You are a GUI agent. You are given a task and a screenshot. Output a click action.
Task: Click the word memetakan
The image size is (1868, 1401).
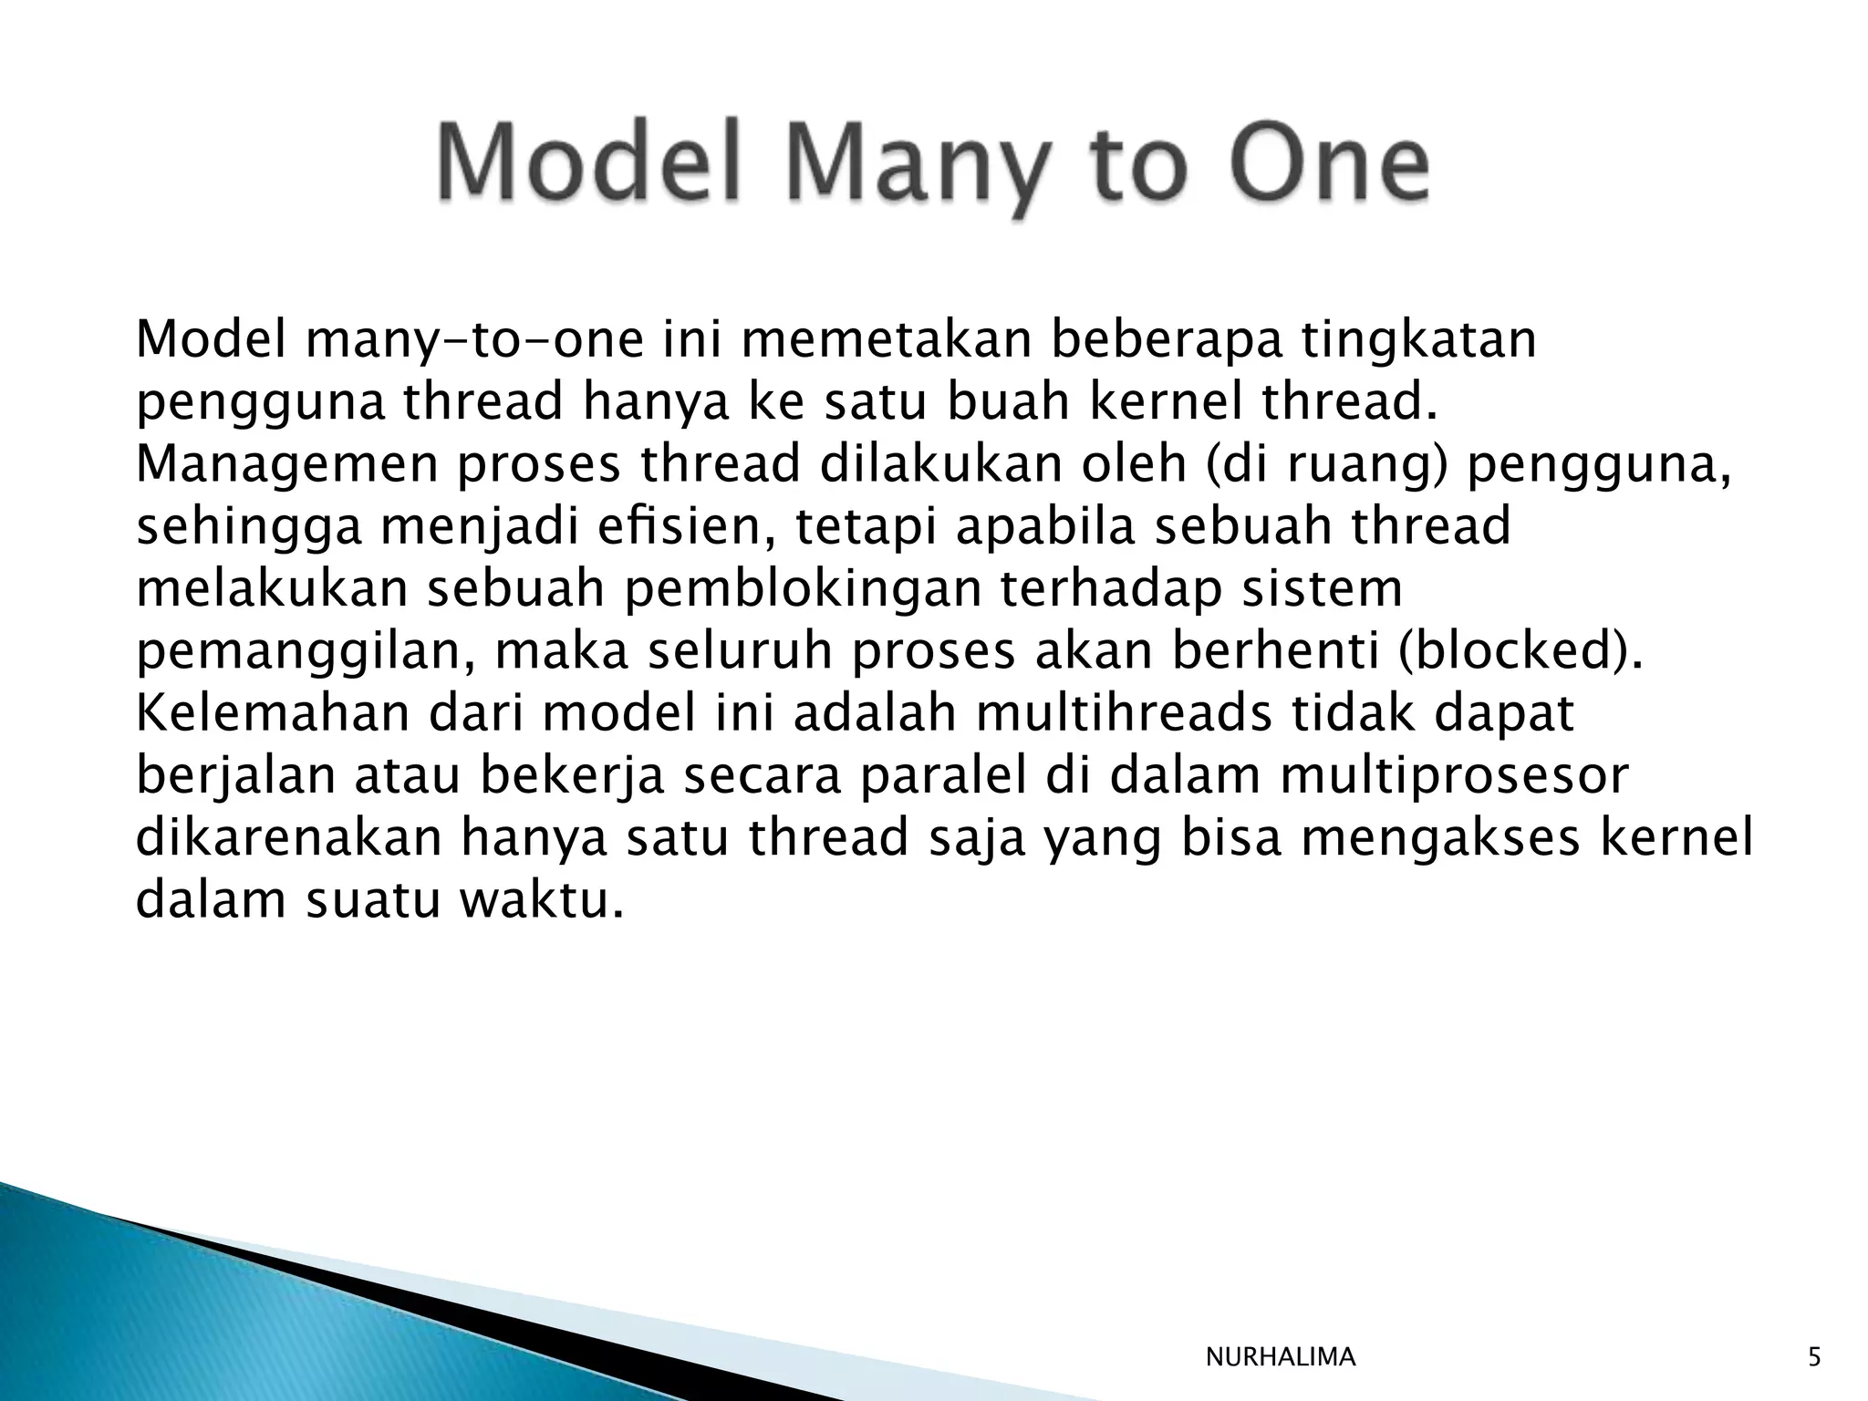coord(884,339)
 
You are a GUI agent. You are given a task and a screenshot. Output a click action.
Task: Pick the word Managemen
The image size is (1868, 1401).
coord(287,465)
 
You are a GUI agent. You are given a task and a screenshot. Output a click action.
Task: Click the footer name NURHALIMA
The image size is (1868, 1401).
coord(1281,1358)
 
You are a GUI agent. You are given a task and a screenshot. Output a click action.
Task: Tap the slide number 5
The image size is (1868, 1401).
coord(1814,1358)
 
